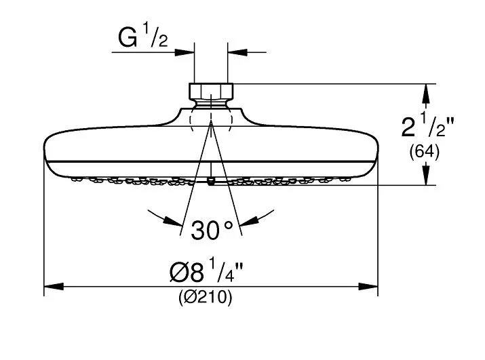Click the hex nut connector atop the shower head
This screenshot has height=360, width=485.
click(211, 92)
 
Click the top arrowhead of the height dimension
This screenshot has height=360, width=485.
click(426, 90)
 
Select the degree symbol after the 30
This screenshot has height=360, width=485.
click(229, 224)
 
